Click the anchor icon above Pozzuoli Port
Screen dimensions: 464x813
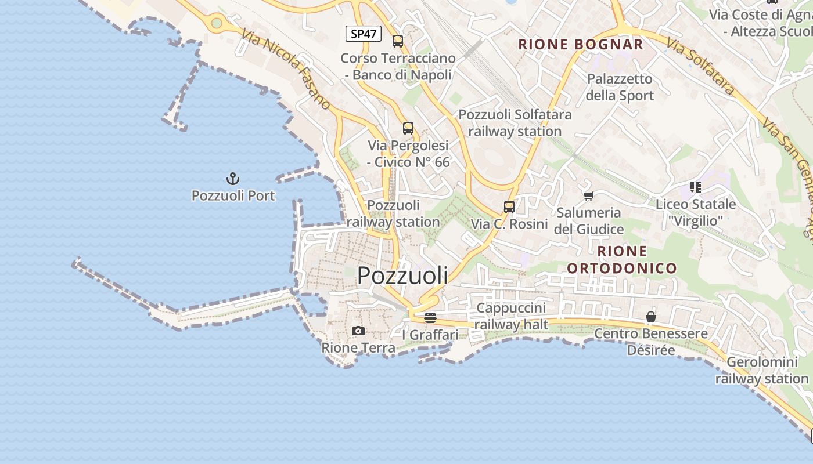coord(232,178)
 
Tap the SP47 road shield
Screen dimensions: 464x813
coord(364,34)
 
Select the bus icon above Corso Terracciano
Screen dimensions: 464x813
coord(398,41)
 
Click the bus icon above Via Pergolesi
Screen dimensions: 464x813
coord(408,128)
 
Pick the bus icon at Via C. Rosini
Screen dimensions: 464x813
coord(509,207)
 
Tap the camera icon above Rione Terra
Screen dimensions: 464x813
coord(358,331)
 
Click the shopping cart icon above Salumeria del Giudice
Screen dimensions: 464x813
coord(588,195)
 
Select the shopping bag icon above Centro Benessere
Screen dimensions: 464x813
coord(651,317)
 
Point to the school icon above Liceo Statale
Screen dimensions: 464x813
coord(696,187)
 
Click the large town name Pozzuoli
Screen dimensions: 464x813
coord(402,275)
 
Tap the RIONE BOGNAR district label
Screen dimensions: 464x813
coord(581,45)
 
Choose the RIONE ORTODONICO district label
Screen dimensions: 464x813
coord(622,259)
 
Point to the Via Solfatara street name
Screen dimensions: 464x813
coord(701,67)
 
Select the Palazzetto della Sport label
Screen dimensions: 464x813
coord(620,87)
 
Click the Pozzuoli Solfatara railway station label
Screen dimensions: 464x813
coord(515,123)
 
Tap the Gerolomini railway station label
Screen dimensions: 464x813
coord(762,371)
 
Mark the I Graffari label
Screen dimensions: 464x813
coord(430,335)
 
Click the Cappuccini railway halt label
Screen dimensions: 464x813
coord(511,316)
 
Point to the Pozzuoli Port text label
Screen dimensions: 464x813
coord(233,195)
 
